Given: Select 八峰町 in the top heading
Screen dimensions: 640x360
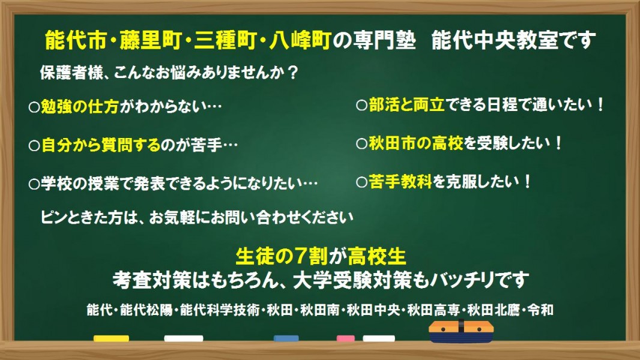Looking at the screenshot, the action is tap(299, 41).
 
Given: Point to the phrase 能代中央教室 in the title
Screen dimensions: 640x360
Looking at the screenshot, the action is tap(495, 41).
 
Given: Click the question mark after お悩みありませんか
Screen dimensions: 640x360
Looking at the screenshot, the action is tap(292, 73).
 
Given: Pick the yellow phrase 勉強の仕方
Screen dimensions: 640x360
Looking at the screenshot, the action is tap(80, 106).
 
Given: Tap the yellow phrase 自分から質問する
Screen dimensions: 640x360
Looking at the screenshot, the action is tap(101, 145).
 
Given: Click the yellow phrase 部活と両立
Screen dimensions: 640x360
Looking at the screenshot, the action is tap(406, 105).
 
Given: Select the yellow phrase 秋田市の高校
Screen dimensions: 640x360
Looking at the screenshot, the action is tap(416, 143).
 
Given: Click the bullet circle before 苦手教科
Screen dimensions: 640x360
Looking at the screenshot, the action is tap(361, 182).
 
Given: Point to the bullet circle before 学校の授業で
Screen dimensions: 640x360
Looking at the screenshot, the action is tap(34, 184).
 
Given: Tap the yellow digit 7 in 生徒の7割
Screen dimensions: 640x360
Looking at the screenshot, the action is tap(301, 256).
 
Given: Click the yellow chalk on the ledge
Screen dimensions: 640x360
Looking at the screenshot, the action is tap(111, 338).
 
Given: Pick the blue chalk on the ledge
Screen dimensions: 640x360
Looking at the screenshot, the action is tap(286, 338).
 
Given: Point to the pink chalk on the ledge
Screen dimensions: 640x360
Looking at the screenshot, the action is tap(345, 338).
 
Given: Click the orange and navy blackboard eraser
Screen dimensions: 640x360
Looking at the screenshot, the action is tap(461, 331).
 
